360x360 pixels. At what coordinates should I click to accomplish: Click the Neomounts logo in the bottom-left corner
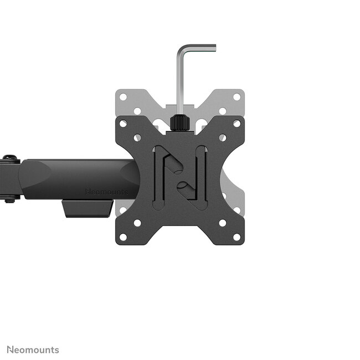click(33, 349)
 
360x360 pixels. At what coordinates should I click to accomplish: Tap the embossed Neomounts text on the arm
click(106, 192)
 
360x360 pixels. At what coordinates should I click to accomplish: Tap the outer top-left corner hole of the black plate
click(124, 124)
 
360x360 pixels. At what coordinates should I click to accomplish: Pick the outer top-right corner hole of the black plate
click(236, 124)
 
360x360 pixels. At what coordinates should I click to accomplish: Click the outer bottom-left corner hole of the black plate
click(124, 236)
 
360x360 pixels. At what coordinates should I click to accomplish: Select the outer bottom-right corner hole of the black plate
click(236, 236)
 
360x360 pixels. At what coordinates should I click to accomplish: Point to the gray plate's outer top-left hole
click(124, 97)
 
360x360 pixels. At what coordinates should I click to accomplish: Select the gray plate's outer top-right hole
click(236, 97)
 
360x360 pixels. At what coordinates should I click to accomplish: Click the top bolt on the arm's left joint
click(9, 159)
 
